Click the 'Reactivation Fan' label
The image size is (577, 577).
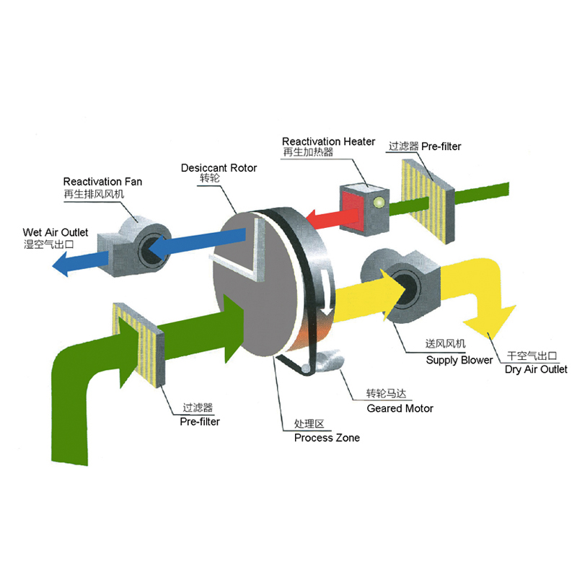102,182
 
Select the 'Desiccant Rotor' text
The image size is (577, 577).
219,168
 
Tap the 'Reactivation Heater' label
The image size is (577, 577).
328,141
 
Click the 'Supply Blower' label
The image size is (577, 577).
459,360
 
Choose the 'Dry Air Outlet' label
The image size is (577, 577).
536,369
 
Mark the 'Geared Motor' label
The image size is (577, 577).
400,408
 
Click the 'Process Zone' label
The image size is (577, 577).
326,438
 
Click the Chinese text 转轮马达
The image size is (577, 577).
387,394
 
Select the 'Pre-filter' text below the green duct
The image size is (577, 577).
200,421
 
